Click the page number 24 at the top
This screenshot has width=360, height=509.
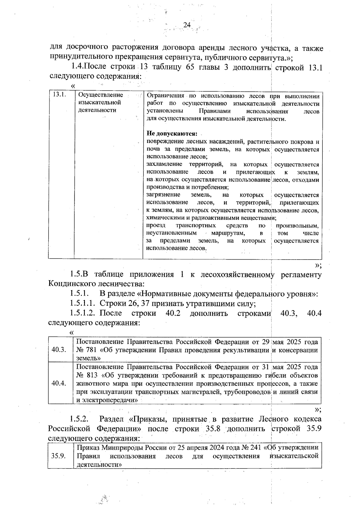pos(187,25)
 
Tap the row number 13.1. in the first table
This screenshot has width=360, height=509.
pos(59,95)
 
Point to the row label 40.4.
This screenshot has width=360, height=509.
pos(59,383)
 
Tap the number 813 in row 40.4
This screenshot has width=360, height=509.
pos(91,375)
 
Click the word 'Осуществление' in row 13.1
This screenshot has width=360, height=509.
pos(100,95)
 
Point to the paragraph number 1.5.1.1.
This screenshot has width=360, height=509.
pos(83,304)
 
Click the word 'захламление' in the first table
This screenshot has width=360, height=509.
pos(164,164)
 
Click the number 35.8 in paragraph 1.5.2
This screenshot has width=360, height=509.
pos(213,429)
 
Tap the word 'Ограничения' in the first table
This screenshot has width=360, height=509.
pos(165,96)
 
